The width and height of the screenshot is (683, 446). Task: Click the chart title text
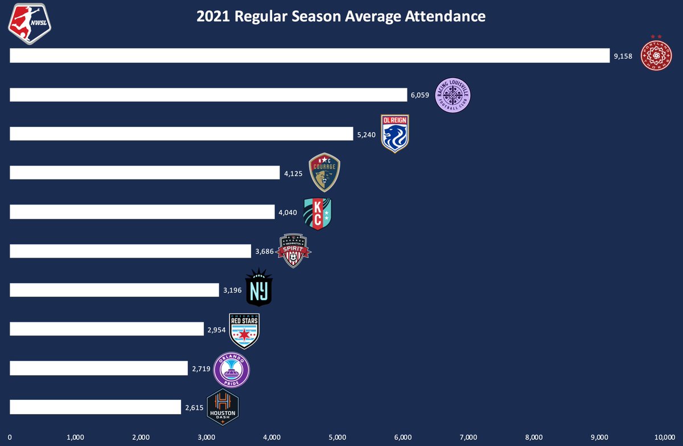click(341, 17)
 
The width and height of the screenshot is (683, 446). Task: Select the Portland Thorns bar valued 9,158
click(310, 55)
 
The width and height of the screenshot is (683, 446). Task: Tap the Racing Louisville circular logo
click(453, 95)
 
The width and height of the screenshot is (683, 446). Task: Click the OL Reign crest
click(395, 133)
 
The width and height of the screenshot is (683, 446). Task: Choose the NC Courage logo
click(324, 173)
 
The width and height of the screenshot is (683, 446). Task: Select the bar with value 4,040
click(142, 212)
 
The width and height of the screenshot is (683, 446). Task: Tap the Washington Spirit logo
click(294, 251)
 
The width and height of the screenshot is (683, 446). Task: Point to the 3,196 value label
click(232, 290)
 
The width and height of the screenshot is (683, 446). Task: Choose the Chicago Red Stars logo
click(244, 330)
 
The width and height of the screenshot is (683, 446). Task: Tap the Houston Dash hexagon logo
click(223, 407)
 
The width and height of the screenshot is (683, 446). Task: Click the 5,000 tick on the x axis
click(337, 437)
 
